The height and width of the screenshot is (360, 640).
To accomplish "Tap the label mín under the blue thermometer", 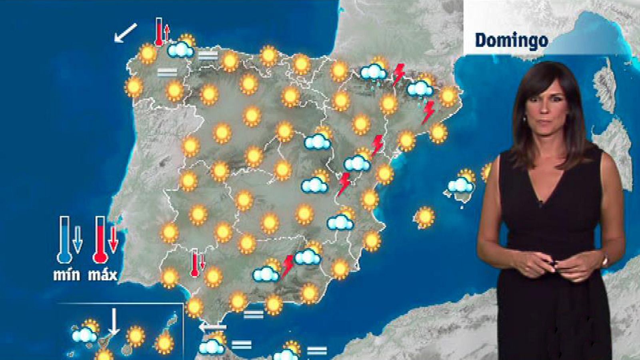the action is (x=67, y=275).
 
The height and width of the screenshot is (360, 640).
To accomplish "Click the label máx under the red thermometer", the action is (x=102, y=275).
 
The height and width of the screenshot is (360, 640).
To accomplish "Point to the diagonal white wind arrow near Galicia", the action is (x=125, y=32).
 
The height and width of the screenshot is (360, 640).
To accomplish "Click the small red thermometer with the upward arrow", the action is (x=159, y=31).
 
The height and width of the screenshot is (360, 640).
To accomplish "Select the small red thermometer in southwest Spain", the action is (x=195, y=263).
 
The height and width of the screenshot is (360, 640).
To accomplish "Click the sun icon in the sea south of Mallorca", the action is (x=424, y=217).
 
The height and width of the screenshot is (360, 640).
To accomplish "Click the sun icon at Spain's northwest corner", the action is (x=148, y=54).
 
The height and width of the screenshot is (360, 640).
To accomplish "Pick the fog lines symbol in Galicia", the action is (x=167, y=72).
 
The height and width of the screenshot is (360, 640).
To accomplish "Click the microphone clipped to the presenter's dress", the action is (x=540, y=203).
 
